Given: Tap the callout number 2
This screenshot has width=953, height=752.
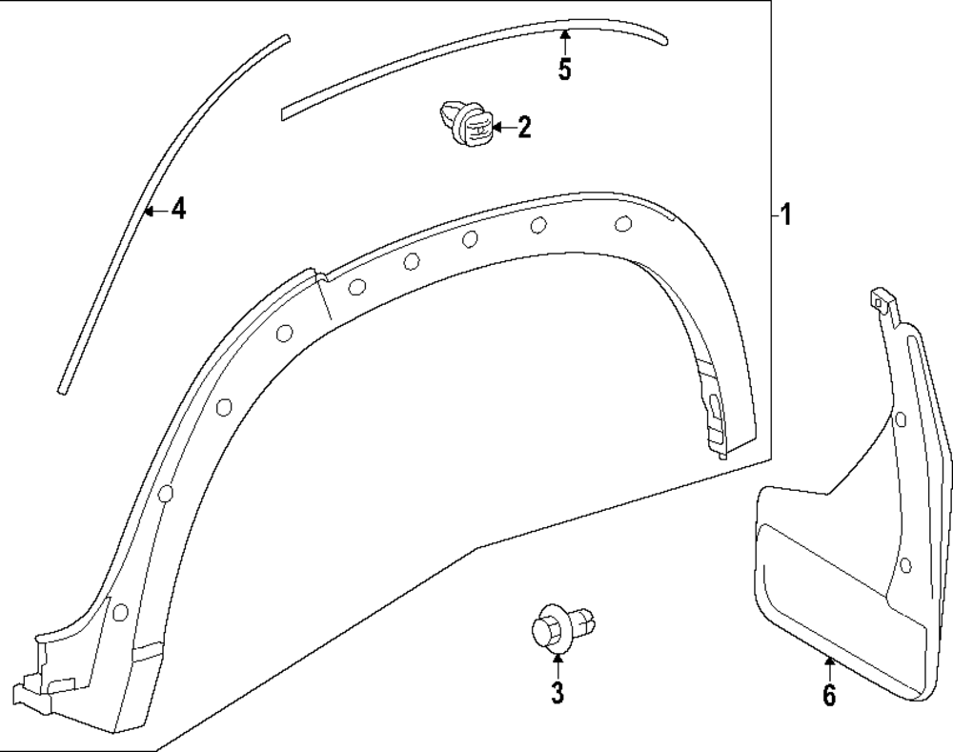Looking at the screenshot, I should coord(524,128).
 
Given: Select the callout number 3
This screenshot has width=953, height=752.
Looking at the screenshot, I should coord(558,693).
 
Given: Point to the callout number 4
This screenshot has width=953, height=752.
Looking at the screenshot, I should coord(178,209).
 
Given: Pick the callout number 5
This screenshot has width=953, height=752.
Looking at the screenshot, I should coord(565,71).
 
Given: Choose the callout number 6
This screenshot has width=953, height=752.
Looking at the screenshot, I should coord(829,696).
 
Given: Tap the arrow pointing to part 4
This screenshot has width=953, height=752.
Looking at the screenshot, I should coord(155,210).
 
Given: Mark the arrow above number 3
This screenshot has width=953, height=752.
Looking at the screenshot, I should coord(558,664).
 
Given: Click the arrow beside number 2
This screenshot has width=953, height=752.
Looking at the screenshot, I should coord(503,128).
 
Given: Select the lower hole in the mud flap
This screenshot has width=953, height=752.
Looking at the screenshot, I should coord(904,567).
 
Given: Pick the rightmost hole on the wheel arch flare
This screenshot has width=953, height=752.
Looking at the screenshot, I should coord(623,224).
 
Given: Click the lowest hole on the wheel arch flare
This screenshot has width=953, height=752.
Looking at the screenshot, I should coord(120,613).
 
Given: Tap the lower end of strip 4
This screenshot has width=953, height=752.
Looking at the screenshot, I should coord(62,388).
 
